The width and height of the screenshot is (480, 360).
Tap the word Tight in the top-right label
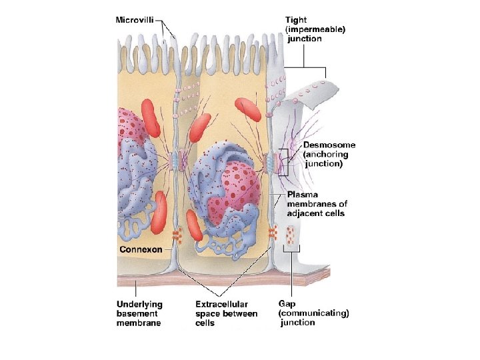click(296, 20)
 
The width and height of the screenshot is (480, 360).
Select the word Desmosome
click(329, 145)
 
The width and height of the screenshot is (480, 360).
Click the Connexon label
click(140, 249)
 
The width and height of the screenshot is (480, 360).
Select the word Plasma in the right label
click(301, 195)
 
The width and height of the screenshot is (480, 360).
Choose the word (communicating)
click(313, 313)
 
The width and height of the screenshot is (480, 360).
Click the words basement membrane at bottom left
click(139, 318)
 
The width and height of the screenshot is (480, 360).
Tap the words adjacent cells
click(316, 213)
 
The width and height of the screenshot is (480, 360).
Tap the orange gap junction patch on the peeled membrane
click(291, 234)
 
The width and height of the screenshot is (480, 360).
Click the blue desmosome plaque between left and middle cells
click(175, 160)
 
